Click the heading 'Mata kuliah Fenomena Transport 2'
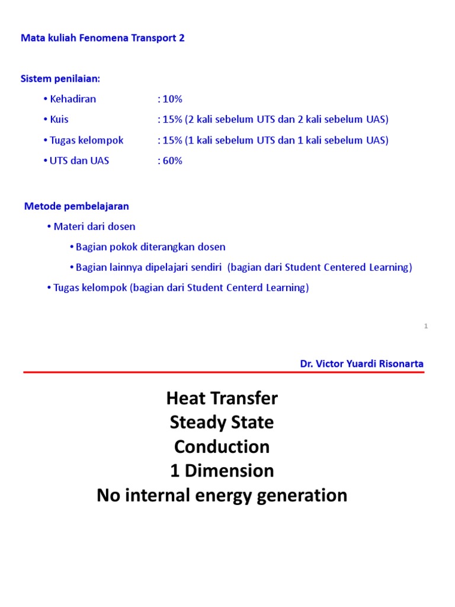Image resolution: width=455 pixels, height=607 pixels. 103,38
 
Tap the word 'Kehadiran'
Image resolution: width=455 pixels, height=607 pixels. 73,99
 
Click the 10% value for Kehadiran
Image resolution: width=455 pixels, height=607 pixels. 170,99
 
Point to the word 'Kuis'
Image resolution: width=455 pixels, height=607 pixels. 59,119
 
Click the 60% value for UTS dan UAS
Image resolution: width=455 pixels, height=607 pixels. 170,161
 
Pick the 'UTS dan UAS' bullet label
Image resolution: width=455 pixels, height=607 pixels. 79,161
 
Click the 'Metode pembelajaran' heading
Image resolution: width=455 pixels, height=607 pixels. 76,206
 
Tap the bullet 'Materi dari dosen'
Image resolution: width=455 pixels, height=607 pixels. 94,226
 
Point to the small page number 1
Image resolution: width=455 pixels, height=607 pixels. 426,326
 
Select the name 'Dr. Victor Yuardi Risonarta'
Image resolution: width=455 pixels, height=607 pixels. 361,363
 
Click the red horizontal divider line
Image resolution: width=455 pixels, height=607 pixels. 224,372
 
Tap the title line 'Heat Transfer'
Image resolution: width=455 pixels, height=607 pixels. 222,398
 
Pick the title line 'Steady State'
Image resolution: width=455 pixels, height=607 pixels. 222,423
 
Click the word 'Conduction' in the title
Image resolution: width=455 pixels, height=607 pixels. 222,446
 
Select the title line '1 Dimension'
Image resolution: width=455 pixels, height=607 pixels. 222,471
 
